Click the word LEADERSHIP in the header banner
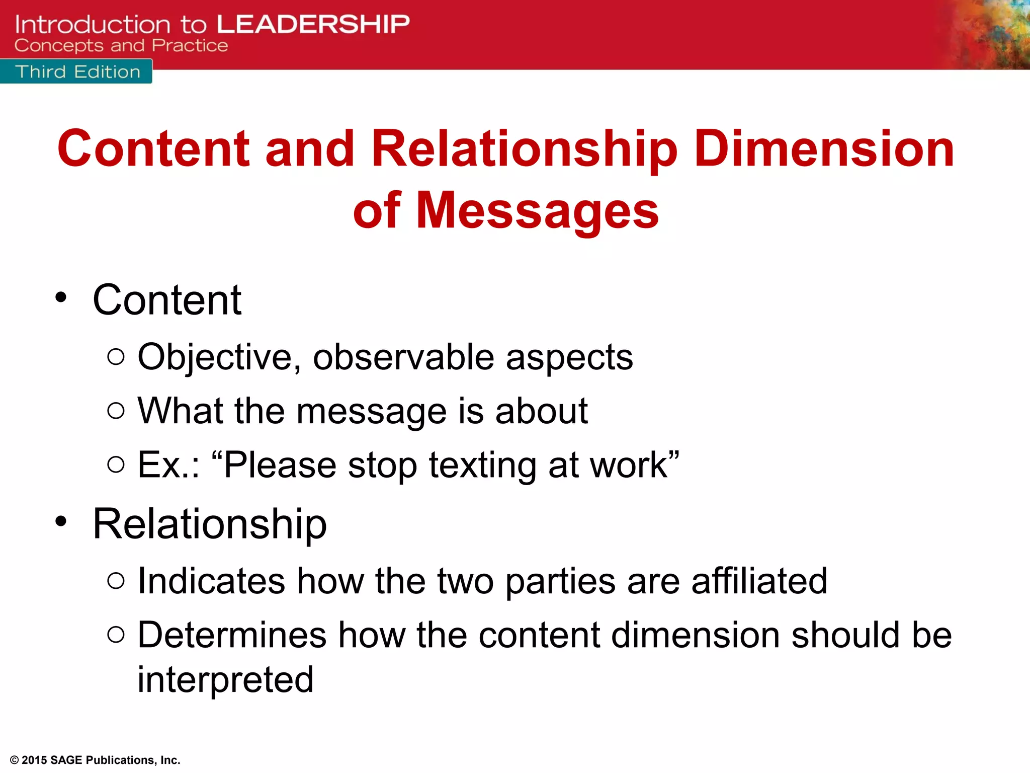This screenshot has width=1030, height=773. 313,24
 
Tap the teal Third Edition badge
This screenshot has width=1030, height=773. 77,71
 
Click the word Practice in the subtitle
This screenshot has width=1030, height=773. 190,46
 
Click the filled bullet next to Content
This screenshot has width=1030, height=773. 61,297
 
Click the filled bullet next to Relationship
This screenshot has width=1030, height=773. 61,522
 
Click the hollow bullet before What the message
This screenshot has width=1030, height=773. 116,411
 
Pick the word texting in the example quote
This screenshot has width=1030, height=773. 482,465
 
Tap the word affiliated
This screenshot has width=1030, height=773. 759,581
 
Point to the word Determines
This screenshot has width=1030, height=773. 232,635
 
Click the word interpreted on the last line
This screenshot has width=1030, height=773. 225,679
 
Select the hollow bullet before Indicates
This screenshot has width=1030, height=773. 116,581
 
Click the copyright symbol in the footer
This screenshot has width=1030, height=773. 14,760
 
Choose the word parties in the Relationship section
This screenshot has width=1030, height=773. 560,582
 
